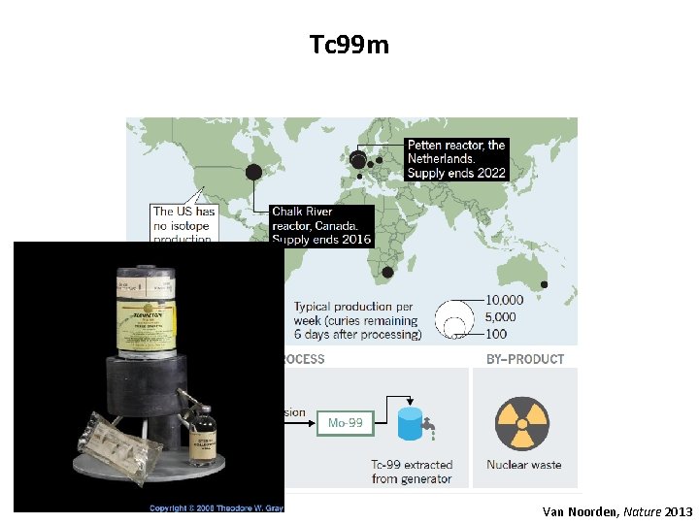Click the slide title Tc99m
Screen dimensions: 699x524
click(x=349, y=45)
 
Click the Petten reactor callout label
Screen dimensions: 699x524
click(x=456, y=159)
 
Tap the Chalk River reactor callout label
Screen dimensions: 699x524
click(x=321, y=225)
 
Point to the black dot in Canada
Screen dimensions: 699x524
click(x=254, y=173)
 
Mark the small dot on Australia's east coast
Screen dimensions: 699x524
click(x=544, y=284)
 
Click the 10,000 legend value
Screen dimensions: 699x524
click(x=504, y=301)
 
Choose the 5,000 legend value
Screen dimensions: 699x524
click(x=500, y=317)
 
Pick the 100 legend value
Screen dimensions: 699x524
click(x=497, y=334)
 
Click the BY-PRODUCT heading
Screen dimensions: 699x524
click(x=524, y=359)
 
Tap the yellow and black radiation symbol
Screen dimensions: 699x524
click(x=521, y=424)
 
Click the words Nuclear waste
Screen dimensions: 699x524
click(x=524, y=465)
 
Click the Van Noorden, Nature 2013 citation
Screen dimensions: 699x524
click(x=617, y=510)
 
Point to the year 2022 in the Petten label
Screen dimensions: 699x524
click(x=491, y=174)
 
